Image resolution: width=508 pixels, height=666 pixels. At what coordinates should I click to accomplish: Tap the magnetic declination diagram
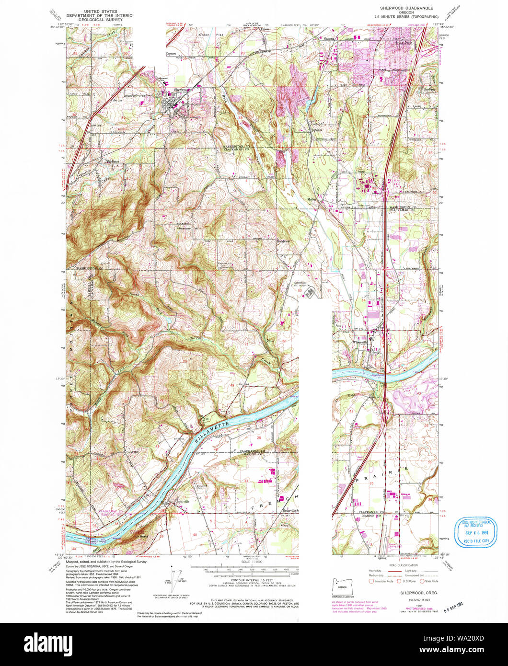click(174, 577)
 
